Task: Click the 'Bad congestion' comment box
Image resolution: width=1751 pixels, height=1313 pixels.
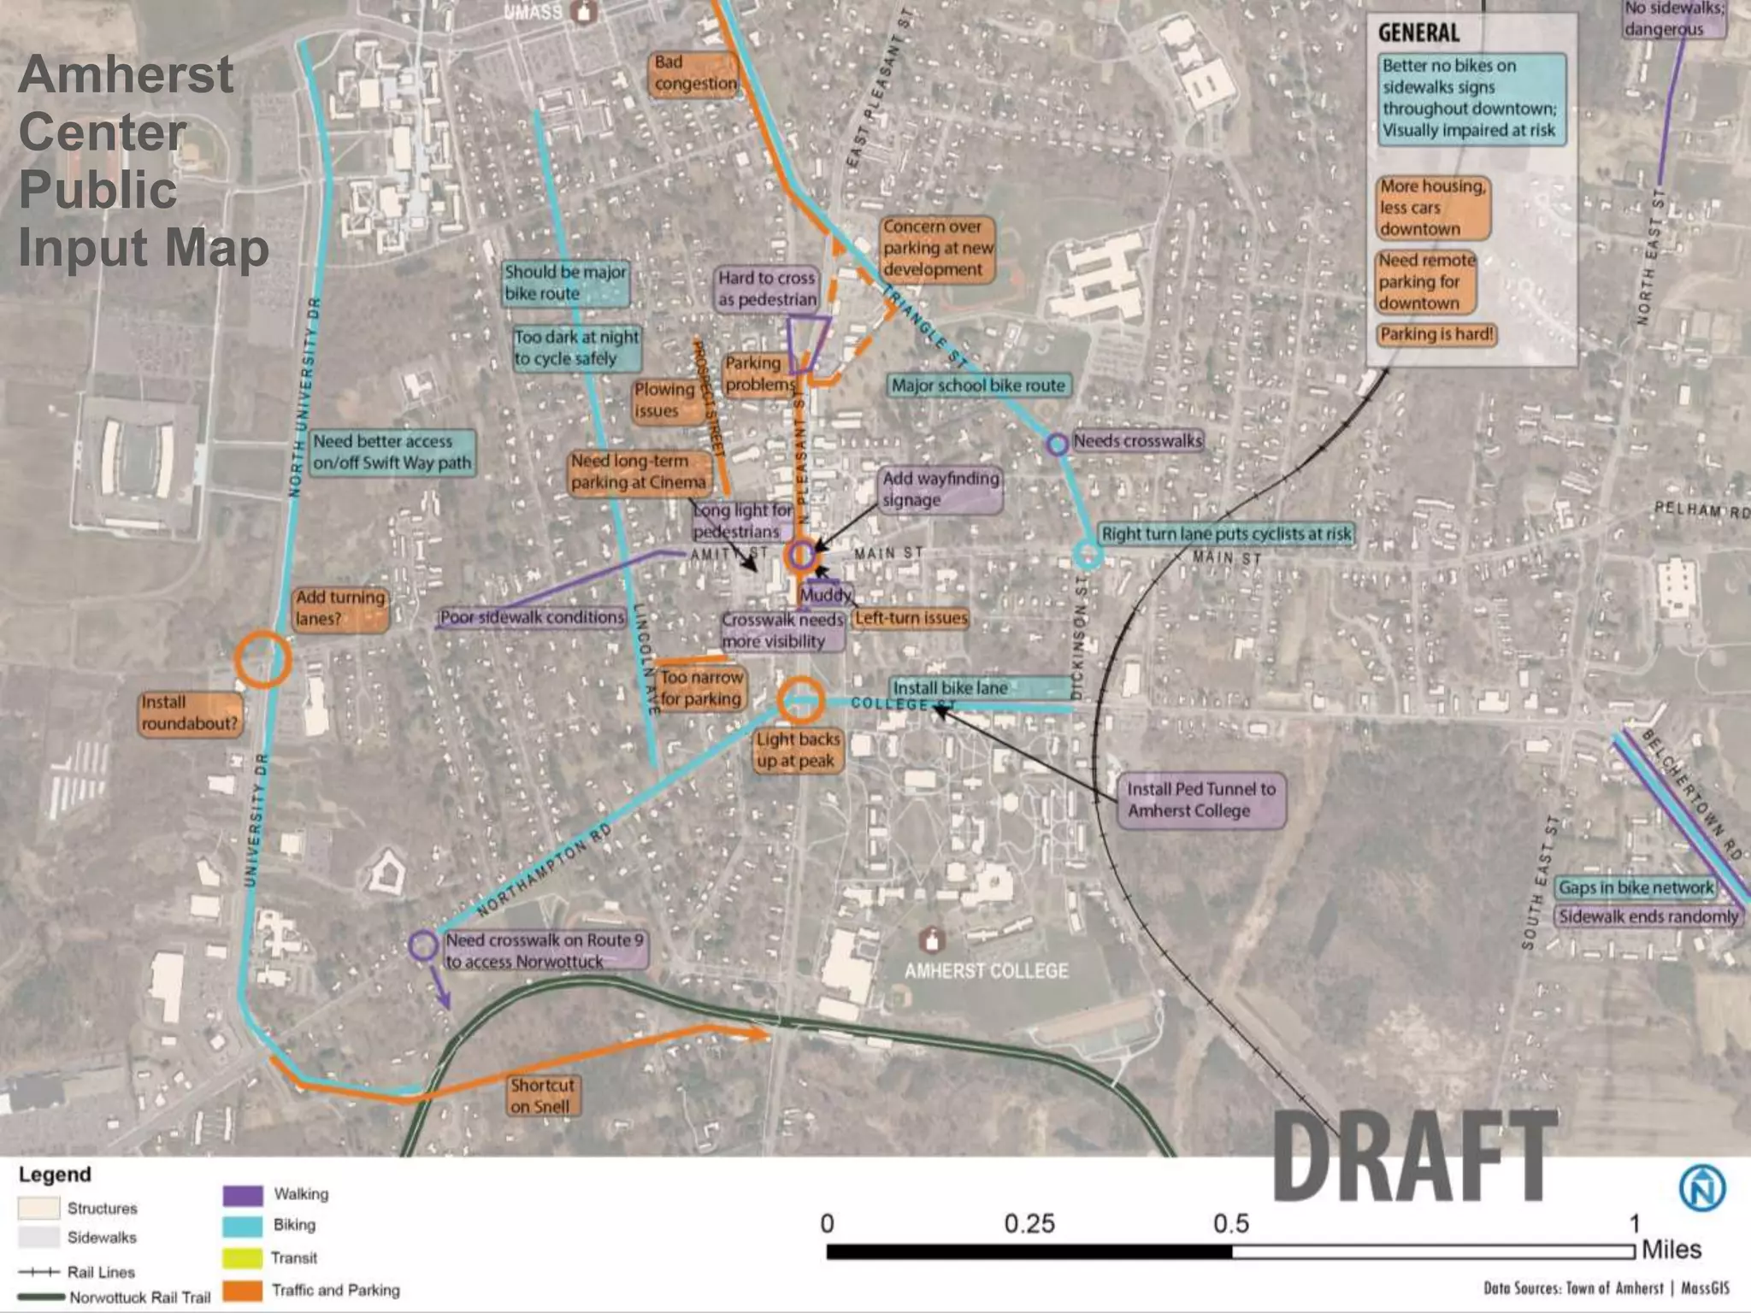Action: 694,74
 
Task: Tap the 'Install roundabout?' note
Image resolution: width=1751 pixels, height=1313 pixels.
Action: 190,713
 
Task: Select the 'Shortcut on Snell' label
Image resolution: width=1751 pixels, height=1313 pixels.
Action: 542,1096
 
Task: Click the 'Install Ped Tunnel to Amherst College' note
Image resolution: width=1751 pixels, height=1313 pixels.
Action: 1200,800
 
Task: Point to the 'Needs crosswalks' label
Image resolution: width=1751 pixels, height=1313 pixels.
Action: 1137,441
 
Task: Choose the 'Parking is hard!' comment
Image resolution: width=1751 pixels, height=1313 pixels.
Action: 1436,334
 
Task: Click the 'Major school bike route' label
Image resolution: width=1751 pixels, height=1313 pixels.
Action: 978,386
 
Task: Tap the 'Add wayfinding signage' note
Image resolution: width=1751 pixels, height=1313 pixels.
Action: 940,489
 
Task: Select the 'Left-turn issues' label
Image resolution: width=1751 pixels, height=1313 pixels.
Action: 911,618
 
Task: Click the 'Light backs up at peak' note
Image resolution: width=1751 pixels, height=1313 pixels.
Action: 798,750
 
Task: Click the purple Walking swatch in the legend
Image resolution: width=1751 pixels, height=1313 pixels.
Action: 243,1194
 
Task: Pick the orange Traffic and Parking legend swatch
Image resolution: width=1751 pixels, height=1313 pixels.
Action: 243,1290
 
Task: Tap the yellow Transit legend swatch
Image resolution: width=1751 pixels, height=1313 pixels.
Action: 243,1258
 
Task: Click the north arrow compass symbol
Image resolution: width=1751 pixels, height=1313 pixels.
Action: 1701,1188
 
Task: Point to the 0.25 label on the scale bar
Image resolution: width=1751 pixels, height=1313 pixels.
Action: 1029,1224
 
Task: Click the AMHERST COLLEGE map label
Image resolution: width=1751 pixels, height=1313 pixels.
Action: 987,971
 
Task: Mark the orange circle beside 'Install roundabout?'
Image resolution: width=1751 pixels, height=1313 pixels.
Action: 263,659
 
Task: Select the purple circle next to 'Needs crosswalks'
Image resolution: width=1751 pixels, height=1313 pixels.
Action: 1058,444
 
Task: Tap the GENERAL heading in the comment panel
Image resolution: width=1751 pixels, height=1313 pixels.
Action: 1419,33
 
